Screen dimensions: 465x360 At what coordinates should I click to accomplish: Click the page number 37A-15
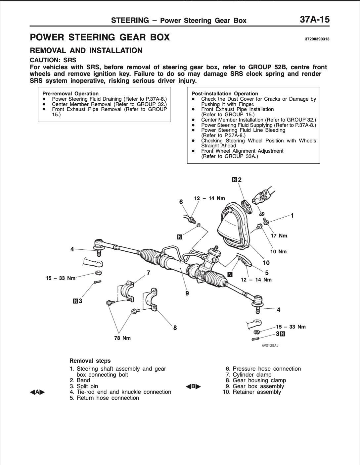click(x=314, y=20)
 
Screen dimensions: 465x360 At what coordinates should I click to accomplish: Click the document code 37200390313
click(x=317, y=39)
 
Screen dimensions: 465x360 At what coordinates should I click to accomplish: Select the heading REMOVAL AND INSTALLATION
click(x=86, y=51)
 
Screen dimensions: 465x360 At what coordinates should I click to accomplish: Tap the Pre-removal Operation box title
click(x=70, y=94)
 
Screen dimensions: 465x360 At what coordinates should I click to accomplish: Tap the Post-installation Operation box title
click(x=225, y=94)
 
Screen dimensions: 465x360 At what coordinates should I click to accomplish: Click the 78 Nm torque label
click(x=122, y=338)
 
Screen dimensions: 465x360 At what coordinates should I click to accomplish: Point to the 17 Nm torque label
click(x=279, y=236)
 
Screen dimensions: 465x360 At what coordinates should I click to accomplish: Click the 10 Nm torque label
click(x=278, y=252)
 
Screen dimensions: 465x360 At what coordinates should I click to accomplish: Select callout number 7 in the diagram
click(x=149, y=273)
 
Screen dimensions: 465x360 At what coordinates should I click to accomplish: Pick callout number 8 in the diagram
click(x=175, y=328)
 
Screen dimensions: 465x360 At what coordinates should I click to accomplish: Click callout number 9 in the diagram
click(x=187, y=293)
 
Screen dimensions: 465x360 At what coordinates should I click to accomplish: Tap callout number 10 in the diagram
click(x=266, y=263)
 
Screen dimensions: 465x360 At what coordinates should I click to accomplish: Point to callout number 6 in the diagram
click(x=181, y=202)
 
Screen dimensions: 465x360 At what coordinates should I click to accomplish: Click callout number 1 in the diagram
click(x=292, y=216)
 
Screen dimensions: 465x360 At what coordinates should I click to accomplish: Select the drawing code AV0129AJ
click(x=270, y=346)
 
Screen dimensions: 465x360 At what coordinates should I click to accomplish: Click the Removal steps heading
click(x=90, y=361)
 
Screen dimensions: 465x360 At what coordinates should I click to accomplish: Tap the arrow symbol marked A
click(x=37, y=392)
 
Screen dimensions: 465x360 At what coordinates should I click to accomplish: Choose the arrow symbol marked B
click(x=193, y=386)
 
